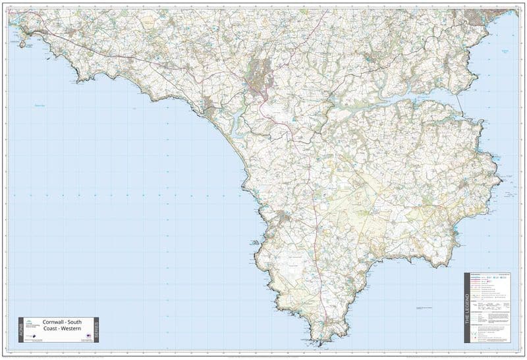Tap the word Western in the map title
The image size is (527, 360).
tap(69, 330)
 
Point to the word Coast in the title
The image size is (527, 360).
tap(51, 330)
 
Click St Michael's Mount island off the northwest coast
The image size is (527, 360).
tap(23, 43)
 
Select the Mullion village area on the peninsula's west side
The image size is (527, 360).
tap(285, 217)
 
